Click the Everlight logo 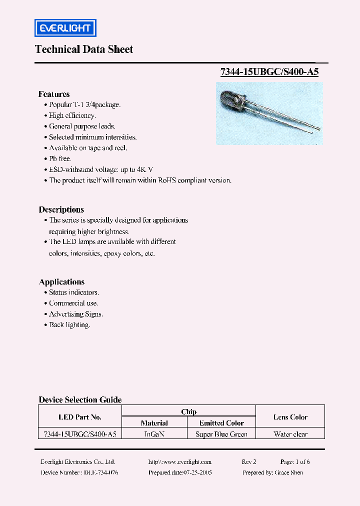[65, 28]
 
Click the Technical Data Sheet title [84, 49]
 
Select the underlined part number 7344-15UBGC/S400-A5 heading [269, 71]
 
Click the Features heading [54, 94]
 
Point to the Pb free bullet [60, 158]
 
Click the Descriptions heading [61, 209]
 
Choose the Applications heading [62, 281]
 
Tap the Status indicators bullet [73, 292]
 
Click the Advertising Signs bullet [75, 314]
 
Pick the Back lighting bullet [69, 325]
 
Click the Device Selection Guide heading [80, 399]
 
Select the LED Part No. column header [80, 417]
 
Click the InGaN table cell [154, 434]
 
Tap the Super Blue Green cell [221, 434]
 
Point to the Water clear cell [290, 434]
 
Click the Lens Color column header [290, 417]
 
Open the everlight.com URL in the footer [180, 462]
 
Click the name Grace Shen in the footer [289, 472]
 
